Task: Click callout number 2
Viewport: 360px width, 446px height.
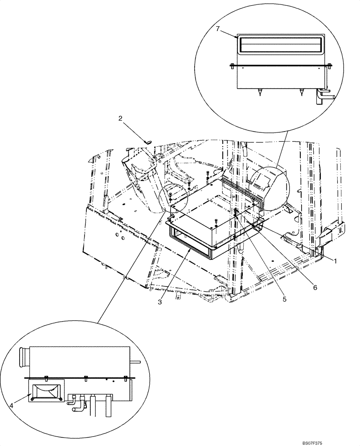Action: point(120,119)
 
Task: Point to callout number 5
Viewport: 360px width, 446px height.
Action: point(283,299)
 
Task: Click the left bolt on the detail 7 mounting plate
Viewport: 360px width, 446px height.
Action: point(232,66)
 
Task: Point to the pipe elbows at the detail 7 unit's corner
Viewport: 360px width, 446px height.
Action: point(323,95)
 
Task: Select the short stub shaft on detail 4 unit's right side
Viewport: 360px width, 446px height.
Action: point(136,362)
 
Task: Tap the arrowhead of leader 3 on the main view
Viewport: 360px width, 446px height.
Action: point(190,251)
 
